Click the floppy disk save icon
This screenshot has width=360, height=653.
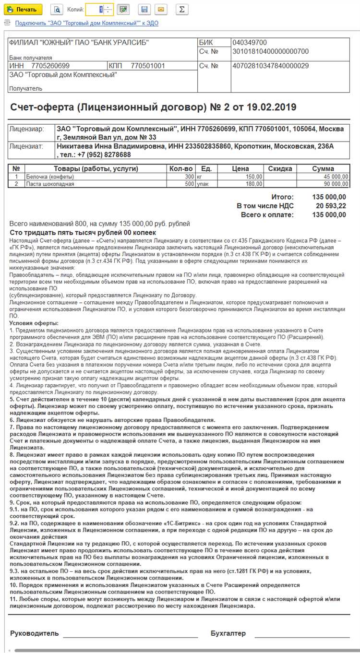[x=144, y=9]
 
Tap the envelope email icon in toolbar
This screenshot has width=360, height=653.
[x=161, y=9]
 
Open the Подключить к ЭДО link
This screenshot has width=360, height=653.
[x=86, y=23]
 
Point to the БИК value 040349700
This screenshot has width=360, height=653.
[x=250, y=43]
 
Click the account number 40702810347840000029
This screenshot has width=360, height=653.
[x=270, y=66]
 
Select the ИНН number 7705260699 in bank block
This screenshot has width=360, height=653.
[x=50, y=66]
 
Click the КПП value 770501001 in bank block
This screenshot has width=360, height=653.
[x=148, y=66]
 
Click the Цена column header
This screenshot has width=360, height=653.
[x=240, y=168]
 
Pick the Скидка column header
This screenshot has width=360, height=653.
[x=280, y=168]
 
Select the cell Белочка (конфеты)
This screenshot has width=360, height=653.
[x=50, y=176]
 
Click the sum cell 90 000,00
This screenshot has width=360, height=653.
[x=336, y=183]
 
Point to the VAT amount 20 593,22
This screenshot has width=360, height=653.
[x=330, y=206]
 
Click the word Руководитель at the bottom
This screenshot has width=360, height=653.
[x=34, y=633]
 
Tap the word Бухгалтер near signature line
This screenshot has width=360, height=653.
[x=228, y=633]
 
